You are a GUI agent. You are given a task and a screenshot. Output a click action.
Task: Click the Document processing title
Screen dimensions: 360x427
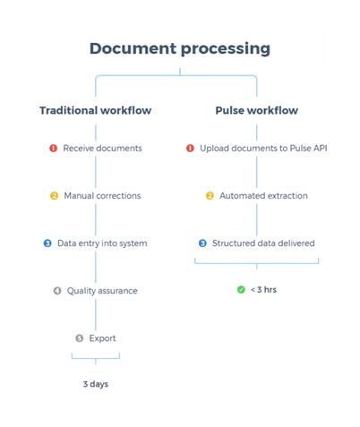180,48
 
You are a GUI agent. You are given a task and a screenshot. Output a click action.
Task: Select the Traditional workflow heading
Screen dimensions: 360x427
96,110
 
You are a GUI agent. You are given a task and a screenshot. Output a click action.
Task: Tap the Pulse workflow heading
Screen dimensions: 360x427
257,110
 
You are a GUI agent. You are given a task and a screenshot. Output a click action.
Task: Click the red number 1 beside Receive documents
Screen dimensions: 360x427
54,148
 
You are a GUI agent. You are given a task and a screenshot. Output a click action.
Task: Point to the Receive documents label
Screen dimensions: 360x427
102,148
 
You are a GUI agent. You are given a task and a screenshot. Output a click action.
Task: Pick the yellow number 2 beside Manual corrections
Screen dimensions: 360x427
54,196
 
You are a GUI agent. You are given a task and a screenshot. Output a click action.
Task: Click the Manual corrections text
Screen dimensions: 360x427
102,196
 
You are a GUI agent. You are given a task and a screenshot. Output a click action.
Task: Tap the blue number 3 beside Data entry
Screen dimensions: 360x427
47,243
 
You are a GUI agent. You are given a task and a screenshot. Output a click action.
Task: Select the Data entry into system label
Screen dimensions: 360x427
102,243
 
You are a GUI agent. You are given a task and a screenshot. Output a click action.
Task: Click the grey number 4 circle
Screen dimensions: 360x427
57,291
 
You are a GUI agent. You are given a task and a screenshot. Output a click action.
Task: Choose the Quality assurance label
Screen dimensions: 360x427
102,291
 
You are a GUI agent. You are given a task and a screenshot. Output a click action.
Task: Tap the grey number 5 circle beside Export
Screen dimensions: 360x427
80,338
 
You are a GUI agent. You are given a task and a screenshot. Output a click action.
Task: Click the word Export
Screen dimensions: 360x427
102,338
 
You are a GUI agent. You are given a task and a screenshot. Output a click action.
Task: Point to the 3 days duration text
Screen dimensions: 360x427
96,384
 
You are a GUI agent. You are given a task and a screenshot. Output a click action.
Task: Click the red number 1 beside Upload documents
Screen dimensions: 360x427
190,148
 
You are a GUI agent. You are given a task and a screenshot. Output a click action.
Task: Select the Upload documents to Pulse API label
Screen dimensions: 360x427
263,149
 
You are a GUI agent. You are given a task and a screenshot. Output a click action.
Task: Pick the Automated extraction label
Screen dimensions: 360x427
263,196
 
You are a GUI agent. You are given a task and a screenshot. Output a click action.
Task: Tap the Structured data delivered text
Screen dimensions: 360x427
263,243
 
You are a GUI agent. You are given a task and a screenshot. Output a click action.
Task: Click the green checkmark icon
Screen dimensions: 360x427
241,289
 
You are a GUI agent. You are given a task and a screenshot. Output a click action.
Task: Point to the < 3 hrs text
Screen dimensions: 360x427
263,289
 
